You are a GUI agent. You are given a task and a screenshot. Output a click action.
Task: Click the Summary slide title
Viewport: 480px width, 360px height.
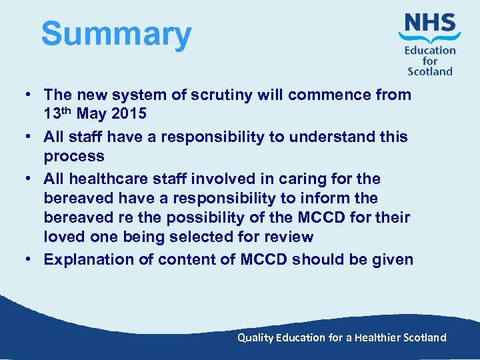click(x=116, y=34)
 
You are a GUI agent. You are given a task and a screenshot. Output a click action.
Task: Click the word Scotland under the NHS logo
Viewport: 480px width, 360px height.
click(x=430, y=71)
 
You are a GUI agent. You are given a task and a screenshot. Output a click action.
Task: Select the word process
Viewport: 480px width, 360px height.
click(x=74, y=157)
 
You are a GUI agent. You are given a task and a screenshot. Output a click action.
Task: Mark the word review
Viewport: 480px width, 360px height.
click(x=289, y=237)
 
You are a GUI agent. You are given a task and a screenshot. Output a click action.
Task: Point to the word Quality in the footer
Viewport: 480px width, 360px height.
click(x=255, y=337)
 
